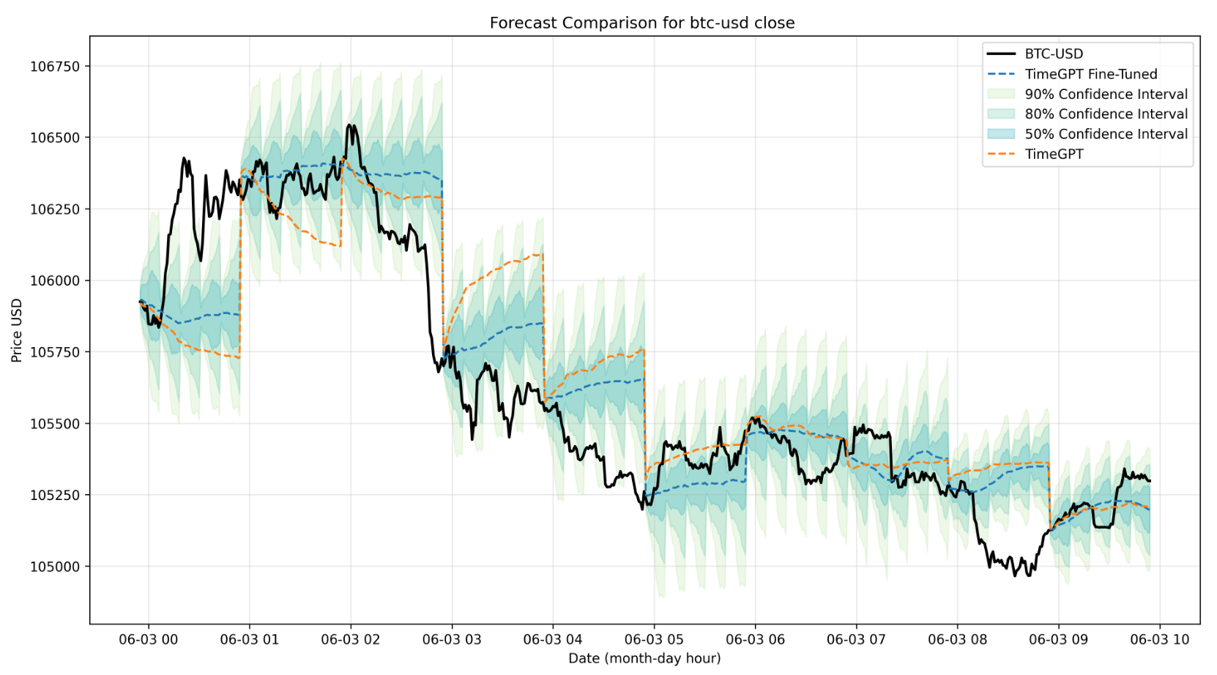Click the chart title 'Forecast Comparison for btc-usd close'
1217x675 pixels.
(641, 23)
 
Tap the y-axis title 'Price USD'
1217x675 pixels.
(17, 330)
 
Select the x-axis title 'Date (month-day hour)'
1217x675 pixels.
(644, 658)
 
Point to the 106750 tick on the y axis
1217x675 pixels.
(55, 67)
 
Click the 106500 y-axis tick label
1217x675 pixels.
(55, 138)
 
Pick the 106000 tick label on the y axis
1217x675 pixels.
(55, 281)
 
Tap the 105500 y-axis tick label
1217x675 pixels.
(55, 424)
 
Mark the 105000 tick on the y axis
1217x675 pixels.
(55, 567)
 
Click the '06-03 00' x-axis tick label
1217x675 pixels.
(149, 640)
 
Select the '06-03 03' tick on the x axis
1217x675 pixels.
(452, 640)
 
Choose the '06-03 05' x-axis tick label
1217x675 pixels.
(654, 640)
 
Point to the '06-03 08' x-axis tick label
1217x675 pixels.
(957, 640)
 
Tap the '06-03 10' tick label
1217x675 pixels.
(1159, 640)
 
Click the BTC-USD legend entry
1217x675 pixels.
(1053, 54)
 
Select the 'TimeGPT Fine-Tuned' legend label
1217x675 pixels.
(1090, 74)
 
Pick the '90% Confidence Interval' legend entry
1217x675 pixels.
(1106, 94)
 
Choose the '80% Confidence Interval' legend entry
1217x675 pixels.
(1106, 114)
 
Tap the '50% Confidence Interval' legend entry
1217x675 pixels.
(1106, 134)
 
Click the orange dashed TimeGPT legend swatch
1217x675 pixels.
(1001, 154)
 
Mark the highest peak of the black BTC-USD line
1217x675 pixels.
(349, 125)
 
